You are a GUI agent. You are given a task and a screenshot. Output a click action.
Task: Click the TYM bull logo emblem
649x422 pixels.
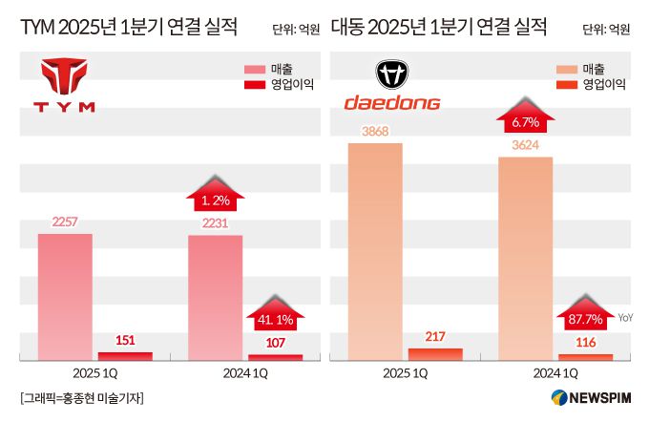(65, 74)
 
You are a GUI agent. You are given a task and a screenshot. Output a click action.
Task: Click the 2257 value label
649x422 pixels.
(65, 222)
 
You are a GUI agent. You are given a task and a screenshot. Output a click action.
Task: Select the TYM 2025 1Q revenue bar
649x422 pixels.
(65, 296)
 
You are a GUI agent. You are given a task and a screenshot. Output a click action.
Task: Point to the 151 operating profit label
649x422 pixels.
(125, 340)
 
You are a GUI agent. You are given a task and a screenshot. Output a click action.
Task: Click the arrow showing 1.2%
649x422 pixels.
(216, 200)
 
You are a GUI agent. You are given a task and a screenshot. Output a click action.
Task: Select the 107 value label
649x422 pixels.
(275, 342)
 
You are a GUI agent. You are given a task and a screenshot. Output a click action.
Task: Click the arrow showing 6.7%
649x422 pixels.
(526, 120)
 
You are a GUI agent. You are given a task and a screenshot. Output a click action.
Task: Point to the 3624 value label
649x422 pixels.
(526, 145)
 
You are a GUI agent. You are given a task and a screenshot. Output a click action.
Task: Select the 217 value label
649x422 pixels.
(435, 336)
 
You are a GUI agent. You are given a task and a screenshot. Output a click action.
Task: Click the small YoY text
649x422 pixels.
(626, 318)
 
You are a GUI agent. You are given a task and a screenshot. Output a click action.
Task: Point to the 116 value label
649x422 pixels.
(585, 342)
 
